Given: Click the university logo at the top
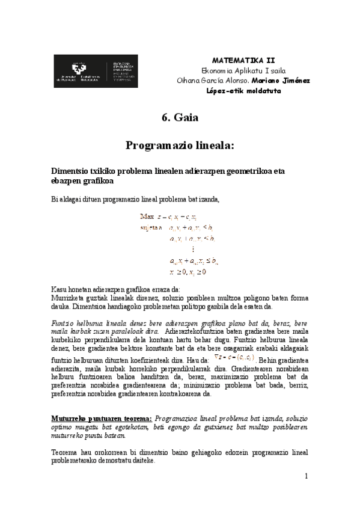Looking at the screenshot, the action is pos(96,71).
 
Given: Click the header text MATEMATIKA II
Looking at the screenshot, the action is pos(244,60).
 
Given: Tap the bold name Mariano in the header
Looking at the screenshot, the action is pos(268,81).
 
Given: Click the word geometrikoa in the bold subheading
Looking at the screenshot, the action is pos(248,171).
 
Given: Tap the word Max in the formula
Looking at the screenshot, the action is pos(147,216).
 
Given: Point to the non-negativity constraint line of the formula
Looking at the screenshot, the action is pos(188,272).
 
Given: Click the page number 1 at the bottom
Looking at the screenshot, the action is pos(306,476).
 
